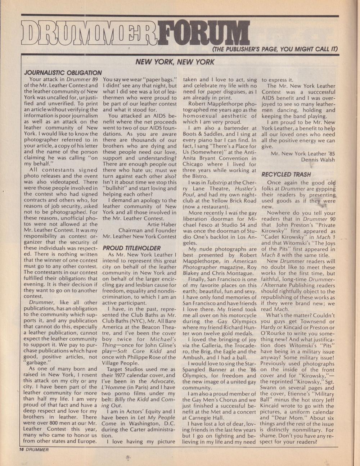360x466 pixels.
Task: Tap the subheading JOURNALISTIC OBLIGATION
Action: pyautogui.click(x=63, y=73)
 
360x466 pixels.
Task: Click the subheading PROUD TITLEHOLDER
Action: pyautogui.click(x=131, y=248)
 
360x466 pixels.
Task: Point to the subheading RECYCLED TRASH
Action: pyautogui.click(x=286, y=175)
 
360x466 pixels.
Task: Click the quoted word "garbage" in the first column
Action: pyautogui.click(x=38, y=363)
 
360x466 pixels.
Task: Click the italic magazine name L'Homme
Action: pyautogui.click(x=114, y=387)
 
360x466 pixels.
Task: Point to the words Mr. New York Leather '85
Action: pyautogui.click(x=302, y=153)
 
